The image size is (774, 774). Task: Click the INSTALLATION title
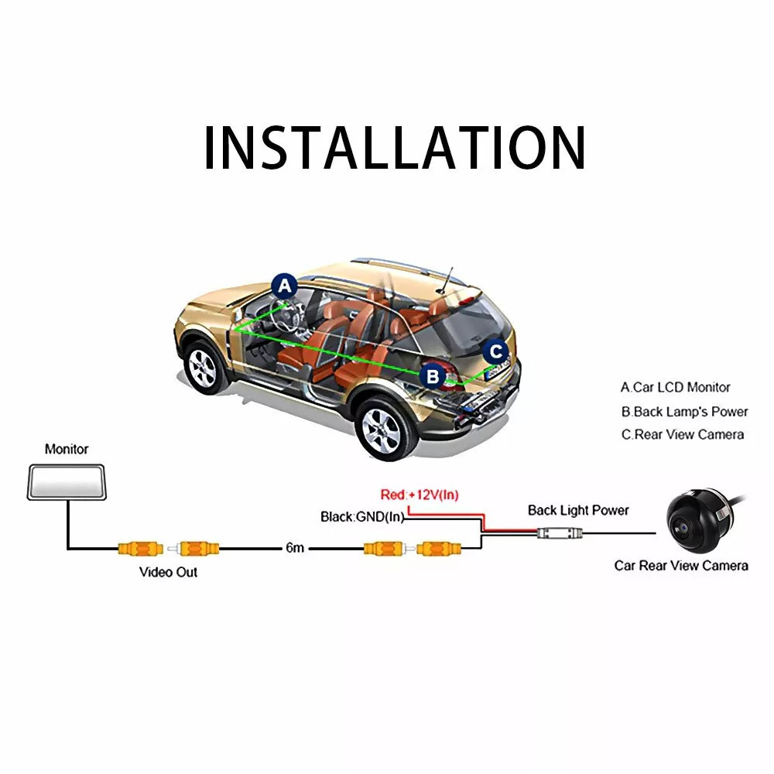tap(395, 148)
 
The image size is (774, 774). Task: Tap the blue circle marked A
tap(285, 286)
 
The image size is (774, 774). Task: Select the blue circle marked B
tap(433, 377)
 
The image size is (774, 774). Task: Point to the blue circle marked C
tap(495, 351)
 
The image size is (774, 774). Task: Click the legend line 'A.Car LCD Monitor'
tap(675, 388)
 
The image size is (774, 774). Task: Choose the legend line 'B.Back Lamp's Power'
tap(685, 412)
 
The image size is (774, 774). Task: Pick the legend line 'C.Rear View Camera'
tap(683, 435)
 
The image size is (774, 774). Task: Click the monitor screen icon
tap(66, 482)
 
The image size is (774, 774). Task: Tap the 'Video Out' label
tap(168, 572)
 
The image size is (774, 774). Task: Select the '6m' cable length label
tap(295, 548)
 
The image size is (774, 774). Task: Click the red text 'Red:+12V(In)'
tap(419, 495)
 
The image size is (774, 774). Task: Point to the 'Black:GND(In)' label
tap(362, 517)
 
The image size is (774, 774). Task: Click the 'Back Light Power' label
tap(578, 510)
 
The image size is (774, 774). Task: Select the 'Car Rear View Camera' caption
tap(681, 566)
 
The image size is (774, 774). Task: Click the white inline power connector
tap(560, 533)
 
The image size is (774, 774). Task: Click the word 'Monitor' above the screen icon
tap(67, 449)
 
